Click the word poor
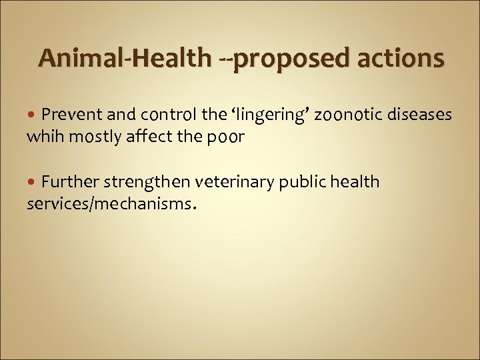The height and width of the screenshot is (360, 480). tap(229, 138)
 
